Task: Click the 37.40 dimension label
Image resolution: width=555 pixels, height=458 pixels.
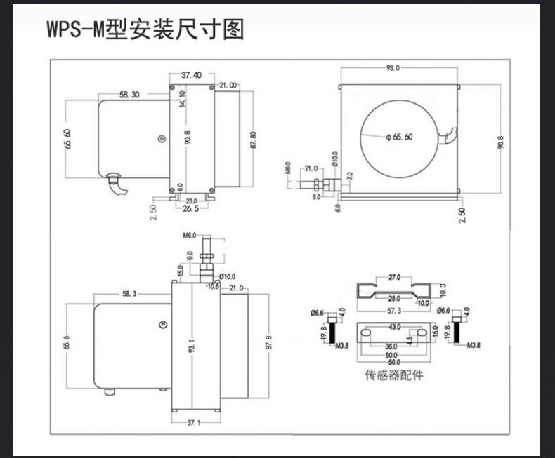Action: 191,75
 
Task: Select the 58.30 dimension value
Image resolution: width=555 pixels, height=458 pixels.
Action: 129,94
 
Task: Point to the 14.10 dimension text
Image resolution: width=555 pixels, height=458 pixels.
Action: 182,99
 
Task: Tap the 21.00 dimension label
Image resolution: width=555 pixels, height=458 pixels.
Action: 228,85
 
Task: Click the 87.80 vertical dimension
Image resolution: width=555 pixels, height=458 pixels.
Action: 252,140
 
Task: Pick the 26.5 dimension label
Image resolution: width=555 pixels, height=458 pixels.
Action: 190,208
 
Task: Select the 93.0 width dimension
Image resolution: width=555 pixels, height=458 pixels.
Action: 393,68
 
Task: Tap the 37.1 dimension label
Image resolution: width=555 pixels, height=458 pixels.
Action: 194,423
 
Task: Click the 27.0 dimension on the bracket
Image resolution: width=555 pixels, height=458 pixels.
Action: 394,277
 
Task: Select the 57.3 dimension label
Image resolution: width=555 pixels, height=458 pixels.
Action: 393,309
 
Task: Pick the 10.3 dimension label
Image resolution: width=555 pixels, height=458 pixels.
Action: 441,289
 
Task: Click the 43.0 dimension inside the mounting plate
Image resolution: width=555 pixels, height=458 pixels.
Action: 395,326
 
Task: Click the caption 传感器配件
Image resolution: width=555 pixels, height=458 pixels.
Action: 394,375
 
